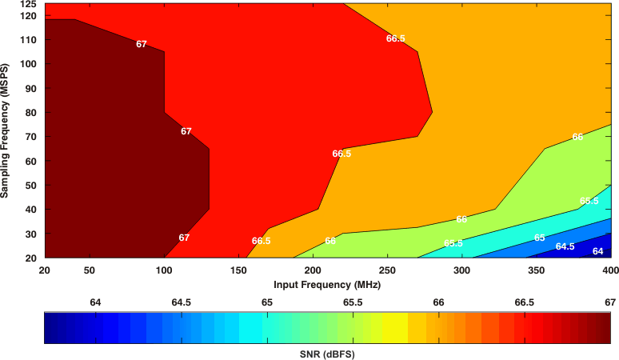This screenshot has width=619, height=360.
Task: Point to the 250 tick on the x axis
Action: point(388,270)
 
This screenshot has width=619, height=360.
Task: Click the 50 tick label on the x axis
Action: point(90,270)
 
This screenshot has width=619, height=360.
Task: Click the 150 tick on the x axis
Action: point(238,270)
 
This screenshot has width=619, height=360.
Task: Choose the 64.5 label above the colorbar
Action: point(182,302)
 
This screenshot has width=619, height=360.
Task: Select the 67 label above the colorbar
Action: point(610,302)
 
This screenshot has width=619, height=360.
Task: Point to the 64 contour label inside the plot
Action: point(597,251)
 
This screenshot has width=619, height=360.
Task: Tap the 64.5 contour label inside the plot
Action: point(565,246)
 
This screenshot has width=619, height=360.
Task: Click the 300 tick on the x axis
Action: point(462,270)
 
